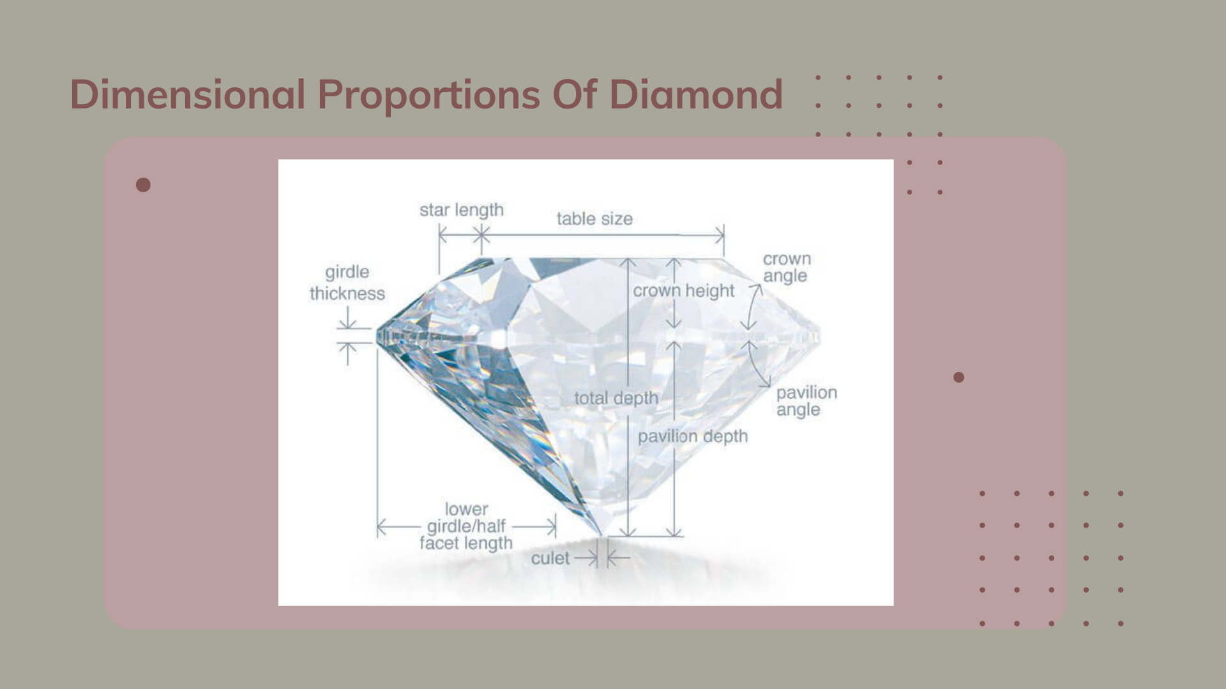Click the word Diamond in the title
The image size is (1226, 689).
(695, 94)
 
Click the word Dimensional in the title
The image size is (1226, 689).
(187, 94)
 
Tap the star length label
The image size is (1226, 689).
(461, 210)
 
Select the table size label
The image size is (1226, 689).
(594, 219)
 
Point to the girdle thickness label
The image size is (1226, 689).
(347, 283)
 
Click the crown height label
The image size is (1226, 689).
(683, 291)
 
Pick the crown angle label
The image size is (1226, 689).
(787, 267)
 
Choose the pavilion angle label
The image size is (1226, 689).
(806, 401)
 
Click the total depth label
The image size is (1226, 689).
(616, 398)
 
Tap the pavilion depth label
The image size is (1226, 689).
(692, 436)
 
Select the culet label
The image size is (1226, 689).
(550, 559)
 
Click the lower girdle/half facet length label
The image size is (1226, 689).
(466, 526)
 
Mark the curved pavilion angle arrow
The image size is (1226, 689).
(757, 364)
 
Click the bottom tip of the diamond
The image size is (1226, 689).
(600, 535)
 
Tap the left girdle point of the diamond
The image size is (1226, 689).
(377, 336)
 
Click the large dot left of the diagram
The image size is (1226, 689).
(143, 185)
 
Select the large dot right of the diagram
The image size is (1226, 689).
(958, 377)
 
